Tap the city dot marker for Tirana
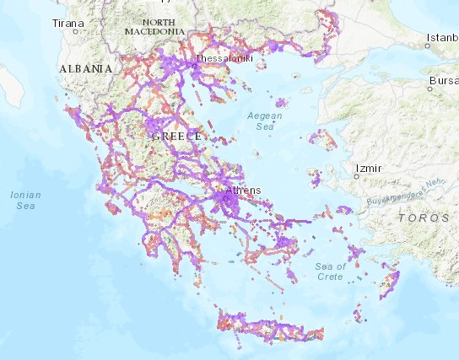pyautogui.click(x=76, y=32)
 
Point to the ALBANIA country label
pyautogui.click(x=85, y=67)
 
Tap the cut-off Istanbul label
pyautogui.click(x=442, y=37)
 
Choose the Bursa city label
pyautogui.click(x=442, y=81)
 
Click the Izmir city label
pyautogui.click(x=370, y=169)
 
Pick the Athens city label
pyautogui.click(x=245, y=190)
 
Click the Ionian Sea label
pyautogui.click(x=24, y=199)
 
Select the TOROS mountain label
pyautogui.click(x=424, y=218)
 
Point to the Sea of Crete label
pyautogui.click(x=332, y=271)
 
